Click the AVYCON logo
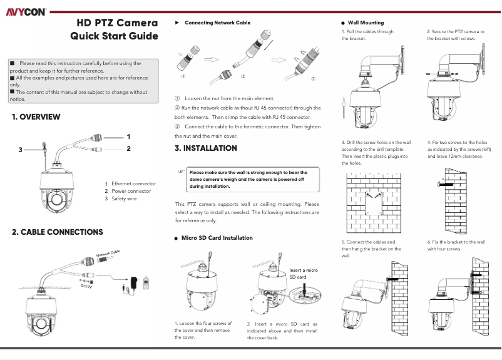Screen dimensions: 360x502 [x=23, y=11]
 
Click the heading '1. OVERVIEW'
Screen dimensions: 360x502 [x=36, y=117]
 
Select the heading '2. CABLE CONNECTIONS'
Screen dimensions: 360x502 [x=58, y=232]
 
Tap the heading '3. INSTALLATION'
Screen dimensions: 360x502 [x=206, y=148]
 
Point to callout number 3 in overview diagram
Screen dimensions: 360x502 [x=20, y=150]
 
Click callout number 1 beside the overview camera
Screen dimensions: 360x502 [x=128, y=136]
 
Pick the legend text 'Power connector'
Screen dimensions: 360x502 [x=131, y=191]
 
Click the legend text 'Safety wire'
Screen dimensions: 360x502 [x=124, y=198]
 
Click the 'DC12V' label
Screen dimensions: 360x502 [x=86, y=286]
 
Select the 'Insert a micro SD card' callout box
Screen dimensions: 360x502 [x=304, y=273]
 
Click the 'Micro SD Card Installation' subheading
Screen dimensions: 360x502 [x=217, y=238]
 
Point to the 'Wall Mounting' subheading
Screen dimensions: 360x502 [x=366, y=23]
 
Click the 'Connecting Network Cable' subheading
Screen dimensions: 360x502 [x=217, y=23]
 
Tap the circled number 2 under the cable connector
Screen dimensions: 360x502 [x=242, y=76]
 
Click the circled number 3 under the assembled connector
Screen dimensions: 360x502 [x=312, y=78]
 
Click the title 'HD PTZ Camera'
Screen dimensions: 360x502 [x=118, y=23]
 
